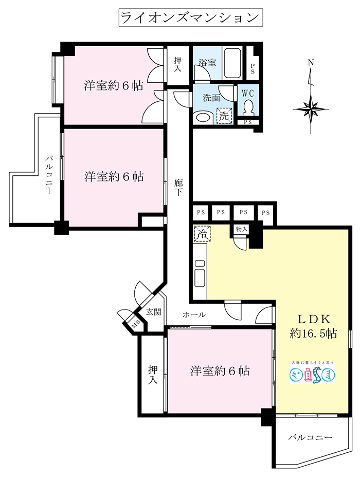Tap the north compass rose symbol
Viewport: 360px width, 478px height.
pos(311,108)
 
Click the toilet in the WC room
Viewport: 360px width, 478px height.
pos(249,106)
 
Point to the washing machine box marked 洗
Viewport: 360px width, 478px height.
pos(224,116)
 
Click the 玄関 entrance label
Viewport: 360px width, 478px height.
pos(153,311)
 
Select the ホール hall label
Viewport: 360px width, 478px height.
pos(194,315)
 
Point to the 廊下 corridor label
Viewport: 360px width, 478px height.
pos(178,188)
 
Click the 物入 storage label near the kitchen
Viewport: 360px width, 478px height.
pos(241,229)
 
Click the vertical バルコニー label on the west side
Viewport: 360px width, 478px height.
pos(48,175)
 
